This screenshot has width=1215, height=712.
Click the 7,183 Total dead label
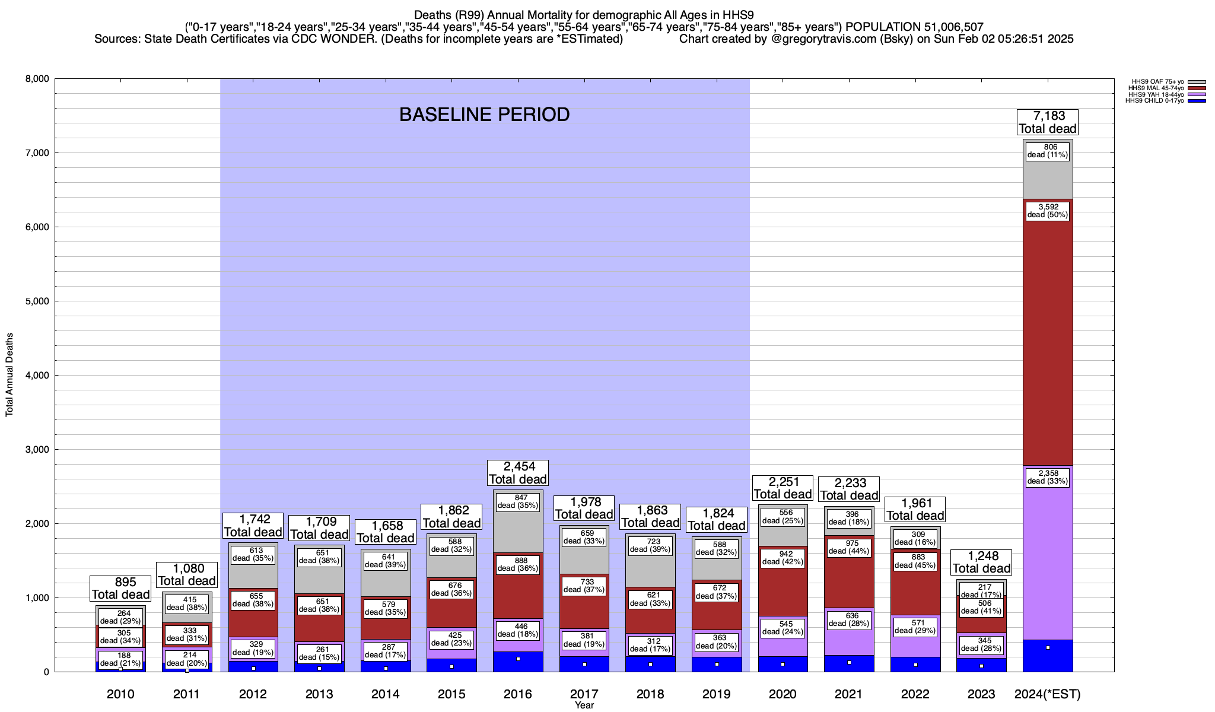(x=1048, y=122)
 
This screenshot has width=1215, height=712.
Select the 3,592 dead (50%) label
(x=1048, y=211)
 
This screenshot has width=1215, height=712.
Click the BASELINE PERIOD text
(x=484, y=115)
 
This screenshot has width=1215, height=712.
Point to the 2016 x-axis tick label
(x=517, y=694)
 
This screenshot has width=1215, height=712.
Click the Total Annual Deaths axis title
(x=9, y=375)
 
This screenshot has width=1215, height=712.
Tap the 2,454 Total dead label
(x=517, y=473)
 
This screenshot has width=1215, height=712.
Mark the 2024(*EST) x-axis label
(x=1048, y=694)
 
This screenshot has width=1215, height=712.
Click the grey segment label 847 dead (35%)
(x=517, y=501)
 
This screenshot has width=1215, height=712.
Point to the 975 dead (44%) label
(x=848, y=547)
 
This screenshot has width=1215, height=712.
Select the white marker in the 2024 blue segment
(x=1048, y=647)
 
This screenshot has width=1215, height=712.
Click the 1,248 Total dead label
(x=981, y=562)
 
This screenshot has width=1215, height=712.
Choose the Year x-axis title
(x=584, y=705)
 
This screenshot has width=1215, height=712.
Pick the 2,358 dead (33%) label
(x=1048, y=477)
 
